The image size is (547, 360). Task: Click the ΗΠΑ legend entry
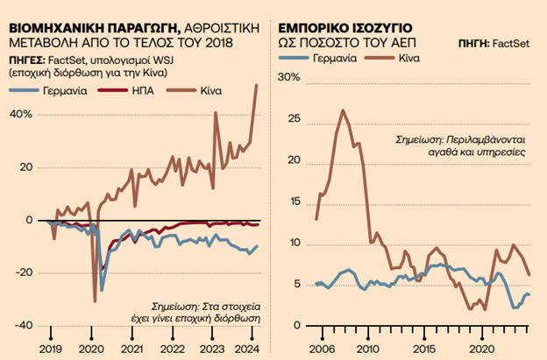click(x=160, y=91)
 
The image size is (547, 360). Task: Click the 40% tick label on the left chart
click(x=22, y=114)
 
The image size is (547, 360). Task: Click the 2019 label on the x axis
click(x=52, y=349)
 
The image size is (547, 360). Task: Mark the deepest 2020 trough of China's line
click(x=95, y=301)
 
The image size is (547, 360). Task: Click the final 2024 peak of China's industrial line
click(x=256, y=85)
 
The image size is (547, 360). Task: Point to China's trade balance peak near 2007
click(x=342, y=110)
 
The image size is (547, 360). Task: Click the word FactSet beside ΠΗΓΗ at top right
click(x=514, y=42)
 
